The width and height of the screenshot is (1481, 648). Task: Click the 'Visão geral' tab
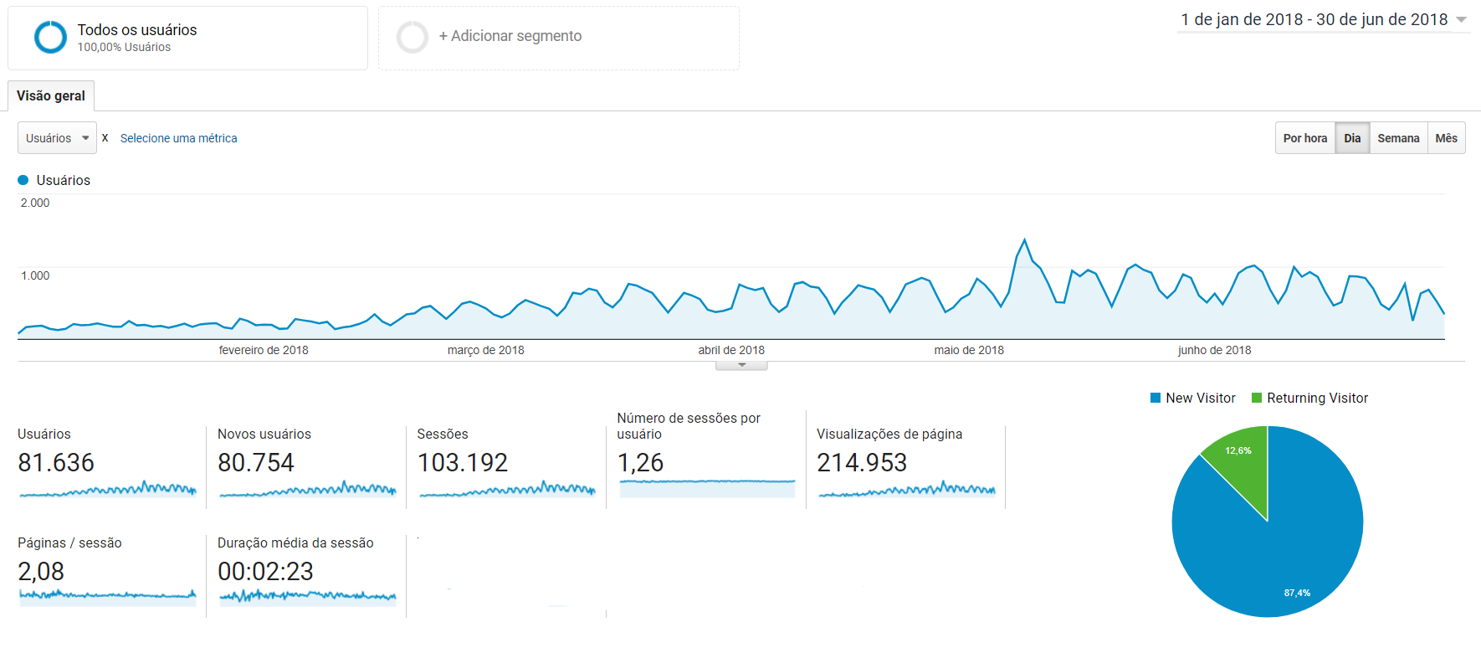(51, 96)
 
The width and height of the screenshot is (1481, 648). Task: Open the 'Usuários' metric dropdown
(57, 138)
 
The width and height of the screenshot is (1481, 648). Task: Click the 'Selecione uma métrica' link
(178, 138)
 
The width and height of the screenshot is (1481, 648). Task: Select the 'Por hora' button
(1304, 138)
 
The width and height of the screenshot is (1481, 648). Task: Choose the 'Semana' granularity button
(1398, 138)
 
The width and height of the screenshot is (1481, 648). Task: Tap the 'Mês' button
(1446, 138)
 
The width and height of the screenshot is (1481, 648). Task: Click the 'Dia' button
(1352, 138)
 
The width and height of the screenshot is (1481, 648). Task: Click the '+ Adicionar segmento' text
(510, 36)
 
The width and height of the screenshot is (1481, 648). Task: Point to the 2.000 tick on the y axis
(35, 203)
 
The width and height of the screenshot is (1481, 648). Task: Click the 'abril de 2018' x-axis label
(731, 350)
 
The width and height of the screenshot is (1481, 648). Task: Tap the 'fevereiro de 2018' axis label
(264, 350)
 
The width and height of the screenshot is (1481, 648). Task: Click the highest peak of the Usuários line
(1024, 240)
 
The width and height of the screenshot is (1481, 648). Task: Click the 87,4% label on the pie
(1297, 593)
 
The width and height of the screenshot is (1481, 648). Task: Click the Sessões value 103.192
(463, 463)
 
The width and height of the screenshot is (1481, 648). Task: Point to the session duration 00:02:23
(265, 572)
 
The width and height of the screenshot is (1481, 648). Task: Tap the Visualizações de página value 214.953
(862, 463)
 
